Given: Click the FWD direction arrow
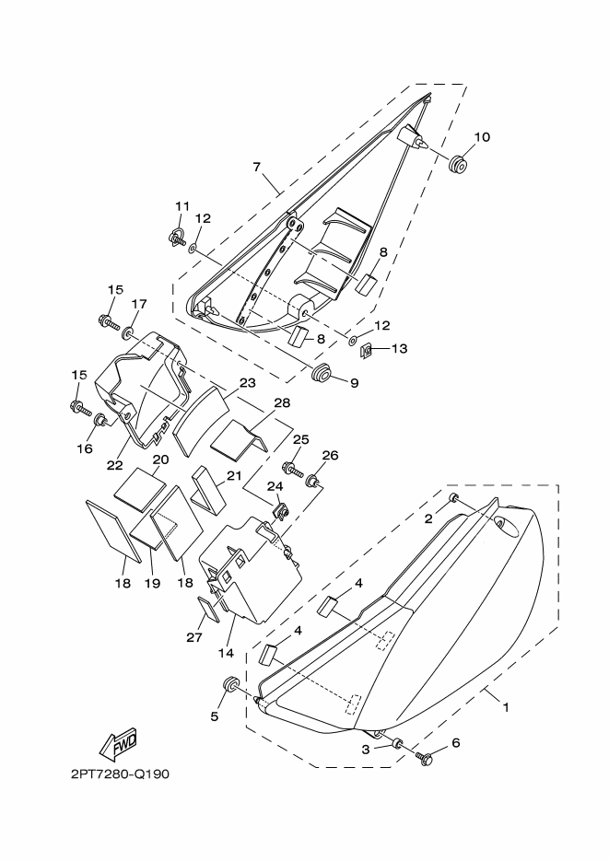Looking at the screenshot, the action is (x=118, y=745).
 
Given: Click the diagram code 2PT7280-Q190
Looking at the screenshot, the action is (x=120, y=774).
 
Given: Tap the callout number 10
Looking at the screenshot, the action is (x=482, y=136).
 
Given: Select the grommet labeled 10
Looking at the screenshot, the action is (x=457, y=164).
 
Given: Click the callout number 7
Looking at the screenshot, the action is (x=257, y=167).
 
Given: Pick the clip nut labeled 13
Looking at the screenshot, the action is (x=367, y=349).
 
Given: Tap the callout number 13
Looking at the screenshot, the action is (x=399, y=349).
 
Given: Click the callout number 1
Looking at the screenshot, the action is (x=506, y=707).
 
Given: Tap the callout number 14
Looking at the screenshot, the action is (x=226, y=653).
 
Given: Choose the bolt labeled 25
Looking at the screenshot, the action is (x=292, y=469).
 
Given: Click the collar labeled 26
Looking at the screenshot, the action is (x=314, y=481).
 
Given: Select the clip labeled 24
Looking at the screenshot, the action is (x=281, y=511).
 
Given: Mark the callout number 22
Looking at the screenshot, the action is (x=115, y=464).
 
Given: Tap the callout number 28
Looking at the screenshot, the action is (x=282, y=403).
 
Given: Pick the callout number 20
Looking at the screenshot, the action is (x=160, y=460).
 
